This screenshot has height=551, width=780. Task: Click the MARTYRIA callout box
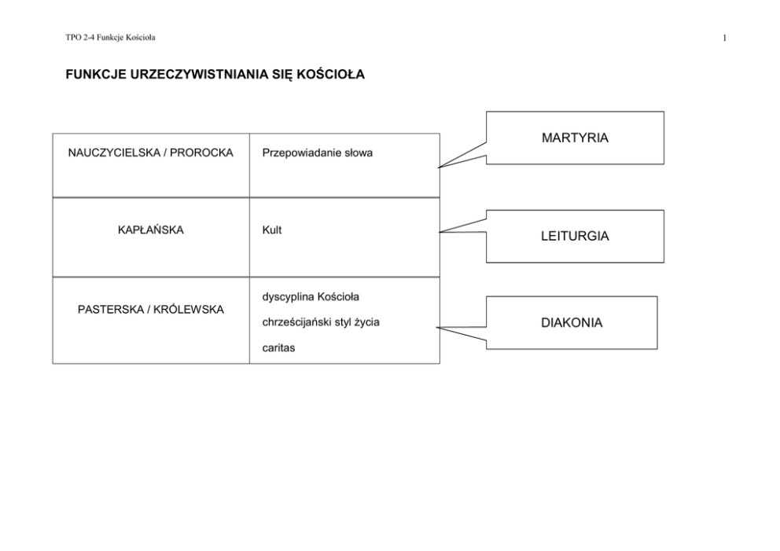[575, 138]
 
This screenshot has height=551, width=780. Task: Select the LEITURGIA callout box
[575, 237]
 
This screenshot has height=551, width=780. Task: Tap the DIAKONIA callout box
[572, 323]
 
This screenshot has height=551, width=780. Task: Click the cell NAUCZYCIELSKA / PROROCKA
[151, 152]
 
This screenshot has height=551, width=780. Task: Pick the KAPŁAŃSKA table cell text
[151, 230]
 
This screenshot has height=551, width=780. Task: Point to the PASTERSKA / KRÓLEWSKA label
[151, 310]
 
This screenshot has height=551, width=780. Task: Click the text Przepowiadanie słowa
[318, 153]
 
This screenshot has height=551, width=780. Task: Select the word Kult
[271, 230]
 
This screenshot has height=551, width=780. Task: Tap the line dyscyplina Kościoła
[311, 297]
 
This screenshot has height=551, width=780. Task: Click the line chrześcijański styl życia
[321, 322]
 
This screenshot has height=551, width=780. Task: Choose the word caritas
[278, 347]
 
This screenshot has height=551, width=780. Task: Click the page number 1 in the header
[725, 38]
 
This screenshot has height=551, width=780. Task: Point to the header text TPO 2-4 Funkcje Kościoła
[110, 37]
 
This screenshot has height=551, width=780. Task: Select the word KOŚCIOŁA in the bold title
[331, 74]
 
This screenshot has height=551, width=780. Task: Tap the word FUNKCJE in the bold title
[96, 74]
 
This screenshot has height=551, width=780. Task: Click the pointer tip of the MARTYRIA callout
[438, 167]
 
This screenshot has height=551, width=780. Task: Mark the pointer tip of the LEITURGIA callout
[439, 232]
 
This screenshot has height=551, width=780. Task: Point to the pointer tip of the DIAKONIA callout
[436, 328]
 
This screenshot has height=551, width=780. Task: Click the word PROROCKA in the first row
[201, 152]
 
